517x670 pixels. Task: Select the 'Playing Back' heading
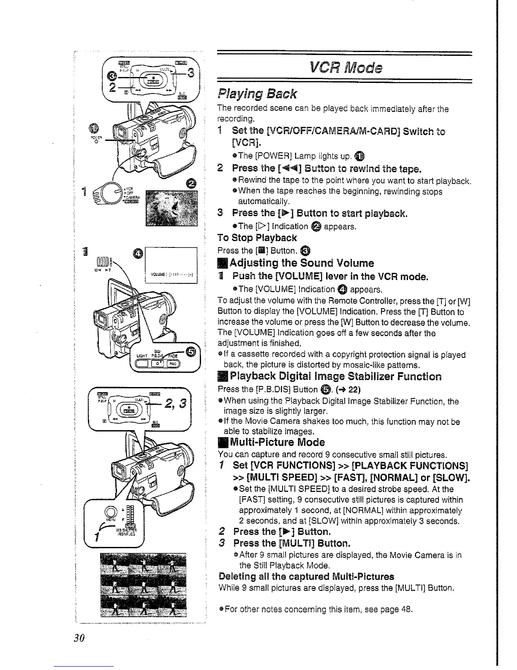point(257,93)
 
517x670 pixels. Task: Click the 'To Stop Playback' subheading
point(257,238)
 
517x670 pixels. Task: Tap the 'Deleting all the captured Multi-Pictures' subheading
point(306,577)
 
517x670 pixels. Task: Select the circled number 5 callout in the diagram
point(191,352)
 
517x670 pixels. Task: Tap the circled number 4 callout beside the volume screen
point(138,254)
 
